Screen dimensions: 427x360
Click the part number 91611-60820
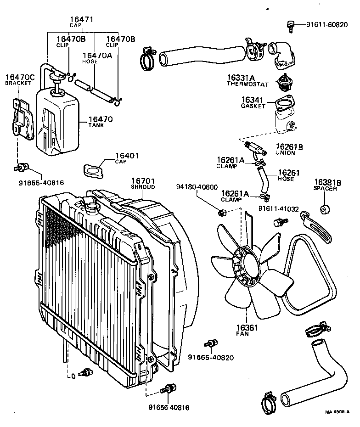click(327, 24)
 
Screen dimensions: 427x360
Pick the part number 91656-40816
click(169, 407)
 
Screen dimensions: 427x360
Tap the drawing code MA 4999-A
click(338, 412)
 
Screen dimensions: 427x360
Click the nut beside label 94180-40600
click(221, 212)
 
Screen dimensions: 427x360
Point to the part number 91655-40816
click(41, 182)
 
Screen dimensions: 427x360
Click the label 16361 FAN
click(247, 331)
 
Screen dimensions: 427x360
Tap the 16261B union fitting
click(256, 148)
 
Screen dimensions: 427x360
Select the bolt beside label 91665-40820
click(212, 343)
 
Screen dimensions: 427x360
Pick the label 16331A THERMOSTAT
click(247, 81)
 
